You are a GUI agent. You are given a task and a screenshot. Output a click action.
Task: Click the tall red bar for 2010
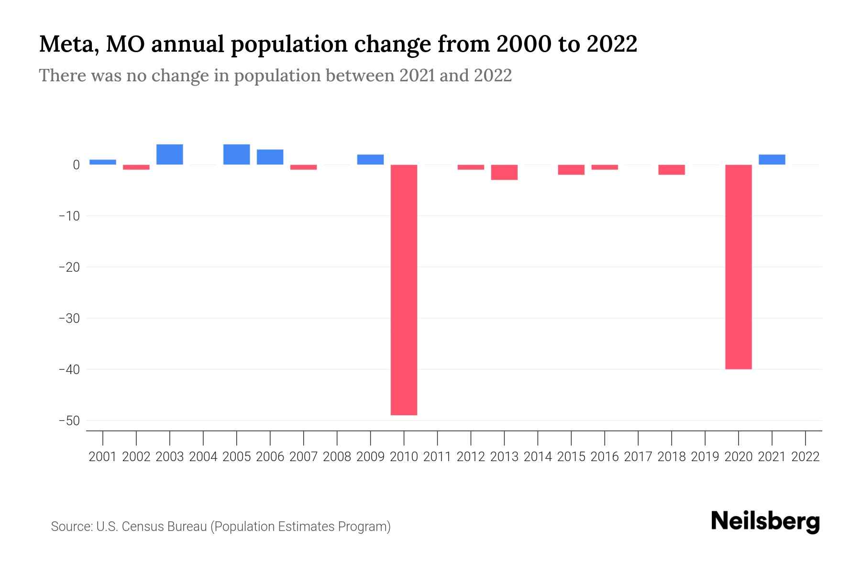(404, 289)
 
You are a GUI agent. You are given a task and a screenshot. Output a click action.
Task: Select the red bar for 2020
(738, 267)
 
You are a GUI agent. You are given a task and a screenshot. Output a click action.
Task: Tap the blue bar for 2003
(170, 155)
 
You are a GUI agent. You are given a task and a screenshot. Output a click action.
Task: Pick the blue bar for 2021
(772, 160)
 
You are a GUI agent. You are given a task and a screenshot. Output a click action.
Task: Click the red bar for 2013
(504, 172)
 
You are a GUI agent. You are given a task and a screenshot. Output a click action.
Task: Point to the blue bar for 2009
(370, 160)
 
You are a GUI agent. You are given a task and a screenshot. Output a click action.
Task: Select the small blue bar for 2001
(103, 162)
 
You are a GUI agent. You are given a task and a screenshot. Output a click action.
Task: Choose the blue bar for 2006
(270, 157)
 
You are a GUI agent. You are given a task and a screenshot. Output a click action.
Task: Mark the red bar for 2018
(671, 170)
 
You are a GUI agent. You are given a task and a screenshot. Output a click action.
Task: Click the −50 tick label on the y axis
(69, 421)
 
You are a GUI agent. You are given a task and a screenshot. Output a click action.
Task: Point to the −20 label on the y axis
(69, 267)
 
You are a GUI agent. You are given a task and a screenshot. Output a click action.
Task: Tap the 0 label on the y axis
(76, 165)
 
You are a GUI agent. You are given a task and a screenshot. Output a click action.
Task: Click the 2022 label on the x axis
(806, 457)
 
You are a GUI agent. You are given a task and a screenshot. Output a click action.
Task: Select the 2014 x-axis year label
(538, 457)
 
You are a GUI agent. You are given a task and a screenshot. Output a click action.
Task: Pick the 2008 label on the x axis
(337, 457)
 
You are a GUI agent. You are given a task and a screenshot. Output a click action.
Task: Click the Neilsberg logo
(765, 521)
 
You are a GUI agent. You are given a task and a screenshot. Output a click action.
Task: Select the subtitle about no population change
(275, 76)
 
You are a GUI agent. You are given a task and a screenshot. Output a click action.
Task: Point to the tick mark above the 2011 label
(437, 438)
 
